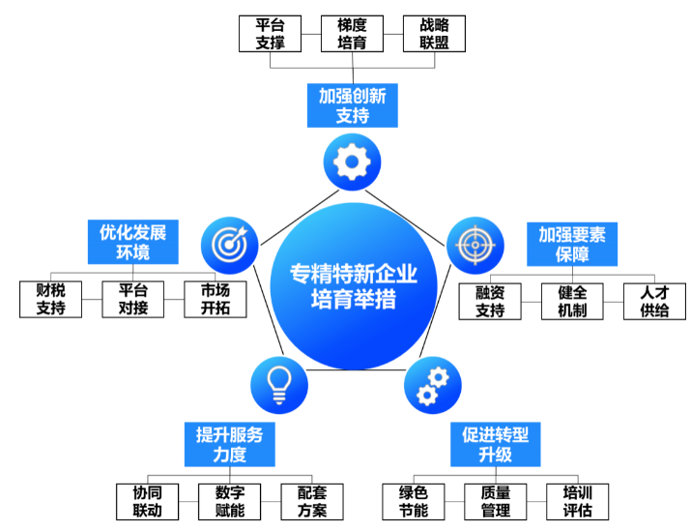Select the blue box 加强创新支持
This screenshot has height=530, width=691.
(352, 106)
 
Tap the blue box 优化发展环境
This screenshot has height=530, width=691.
(132, 242)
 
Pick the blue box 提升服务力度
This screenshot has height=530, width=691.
(229, 444)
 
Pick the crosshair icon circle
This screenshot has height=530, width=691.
(475, 242)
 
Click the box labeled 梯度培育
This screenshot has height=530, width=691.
(352, 33)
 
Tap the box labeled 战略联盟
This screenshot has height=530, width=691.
(434, 33)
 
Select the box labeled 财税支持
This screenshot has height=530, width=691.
(50, 300)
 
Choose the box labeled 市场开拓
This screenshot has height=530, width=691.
(215, 300)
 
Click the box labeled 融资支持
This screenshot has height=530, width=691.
(490, 301)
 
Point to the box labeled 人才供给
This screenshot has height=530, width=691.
(654, 301)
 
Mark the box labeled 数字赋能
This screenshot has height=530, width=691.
(229, 501)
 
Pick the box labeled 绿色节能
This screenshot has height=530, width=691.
(413, 501)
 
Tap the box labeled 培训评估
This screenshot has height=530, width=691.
(577, 501)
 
